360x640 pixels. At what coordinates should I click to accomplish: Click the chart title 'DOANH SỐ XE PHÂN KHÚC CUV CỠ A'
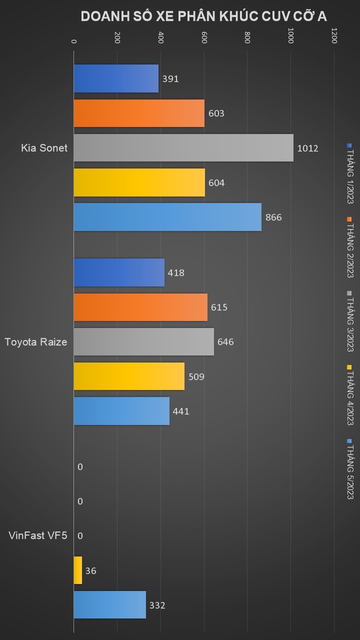click(x=203, y=16)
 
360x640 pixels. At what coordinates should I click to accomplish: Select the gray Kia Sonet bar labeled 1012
click(x=183, y=148)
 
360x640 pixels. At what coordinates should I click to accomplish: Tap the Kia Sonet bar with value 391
click(x=116, y=78)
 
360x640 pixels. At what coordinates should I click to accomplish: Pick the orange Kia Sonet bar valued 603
click(x=139, y=113)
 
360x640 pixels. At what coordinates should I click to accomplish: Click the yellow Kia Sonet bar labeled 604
click(x=139, y=182)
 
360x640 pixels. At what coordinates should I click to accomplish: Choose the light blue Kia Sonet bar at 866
click(x=167, y=217)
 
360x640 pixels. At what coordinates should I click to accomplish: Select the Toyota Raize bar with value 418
click(x=119, y=272)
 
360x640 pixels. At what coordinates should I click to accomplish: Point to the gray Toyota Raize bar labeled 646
click(x=143, y=342)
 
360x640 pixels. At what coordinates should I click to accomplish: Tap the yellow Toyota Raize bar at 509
click(x=129, y=376)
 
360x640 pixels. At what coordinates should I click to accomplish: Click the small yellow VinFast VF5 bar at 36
click(x=78, y=570)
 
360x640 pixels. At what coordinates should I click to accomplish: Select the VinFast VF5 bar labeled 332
click(x=110, y=605)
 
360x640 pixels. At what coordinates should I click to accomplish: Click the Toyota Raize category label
click(x=36, y=342)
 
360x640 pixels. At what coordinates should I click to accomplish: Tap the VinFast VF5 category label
click(x=38, y=536)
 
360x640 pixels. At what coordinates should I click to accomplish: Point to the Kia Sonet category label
click(x=44, y=148)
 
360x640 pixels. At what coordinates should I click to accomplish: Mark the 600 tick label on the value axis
click(x=204, y=38)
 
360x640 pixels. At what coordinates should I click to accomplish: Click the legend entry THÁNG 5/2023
click(x=349, y=470)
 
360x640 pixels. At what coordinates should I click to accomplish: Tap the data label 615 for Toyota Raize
click(x=219, y=307)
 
